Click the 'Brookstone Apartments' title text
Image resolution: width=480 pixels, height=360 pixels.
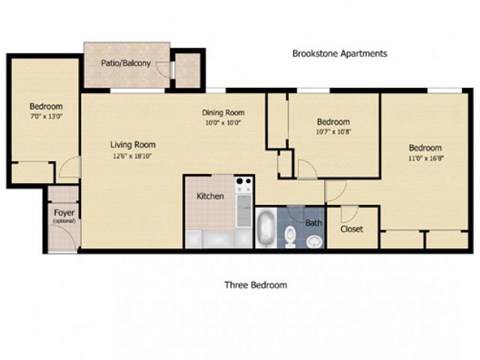click(x=338, y=54)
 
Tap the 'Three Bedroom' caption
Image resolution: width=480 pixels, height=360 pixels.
click(x=255, y=285)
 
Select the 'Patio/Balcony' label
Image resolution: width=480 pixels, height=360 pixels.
click(x=126, y=64)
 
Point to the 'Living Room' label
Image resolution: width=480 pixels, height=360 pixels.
click(x=133, y=144)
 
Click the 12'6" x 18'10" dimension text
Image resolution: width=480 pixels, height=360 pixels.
click(x=133, y=156)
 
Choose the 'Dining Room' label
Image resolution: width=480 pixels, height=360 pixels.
click(x=222, y=113)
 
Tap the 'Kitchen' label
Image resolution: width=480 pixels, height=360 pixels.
click(x=209, y=196)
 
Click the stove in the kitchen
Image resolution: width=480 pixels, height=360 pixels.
click(x=243, y=186)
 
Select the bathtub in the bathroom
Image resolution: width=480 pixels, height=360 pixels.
click(x=267, y=230)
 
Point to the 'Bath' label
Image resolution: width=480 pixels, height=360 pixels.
click(x=313, y=223)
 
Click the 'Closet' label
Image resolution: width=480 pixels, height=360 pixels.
click(x=351, y=229)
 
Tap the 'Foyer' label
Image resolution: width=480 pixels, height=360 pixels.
click(x=62, y=212)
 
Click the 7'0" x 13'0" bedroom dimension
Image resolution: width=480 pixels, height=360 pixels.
click(x=45, y=117)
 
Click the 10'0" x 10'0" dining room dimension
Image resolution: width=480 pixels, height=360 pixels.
click(x=222, y=123)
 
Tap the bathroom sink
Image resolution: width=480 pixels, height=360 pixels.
click(x=311, y=240)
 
